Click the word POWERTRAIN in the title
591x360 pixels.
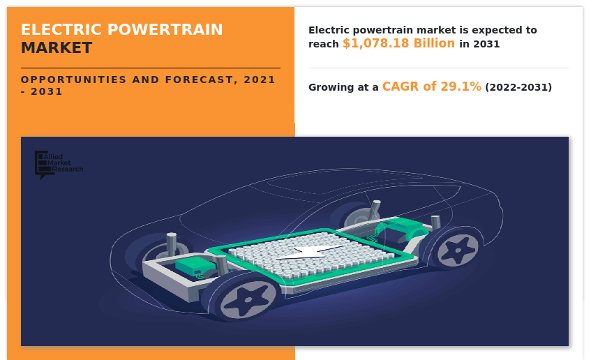click(x=165, y=30)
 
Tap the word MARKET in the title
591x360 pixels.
click(x=57, y=48)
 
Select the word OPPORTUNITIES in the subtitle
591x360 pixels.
click(x=73, y=80)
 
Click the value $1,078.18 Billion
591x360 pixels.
click(x=399, y=43)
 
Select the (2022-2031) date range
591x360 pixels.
click(x=518, y=87)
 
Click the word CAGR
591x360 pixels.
click(x=401, y=87)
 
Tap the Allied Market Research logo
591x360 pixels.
click(x=59, y=165)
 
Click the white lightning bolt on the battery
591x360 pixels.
click(x=310, y=253)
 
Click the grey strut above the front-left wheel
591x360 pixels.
click(x=172, y=245)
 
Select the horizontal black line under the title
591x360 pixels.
click(x=151, y=68)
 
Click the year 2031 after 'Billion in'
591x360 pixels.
click(x=486, y=44)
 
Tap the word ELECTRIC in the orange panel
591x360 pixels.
click(x=61, y=30)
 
